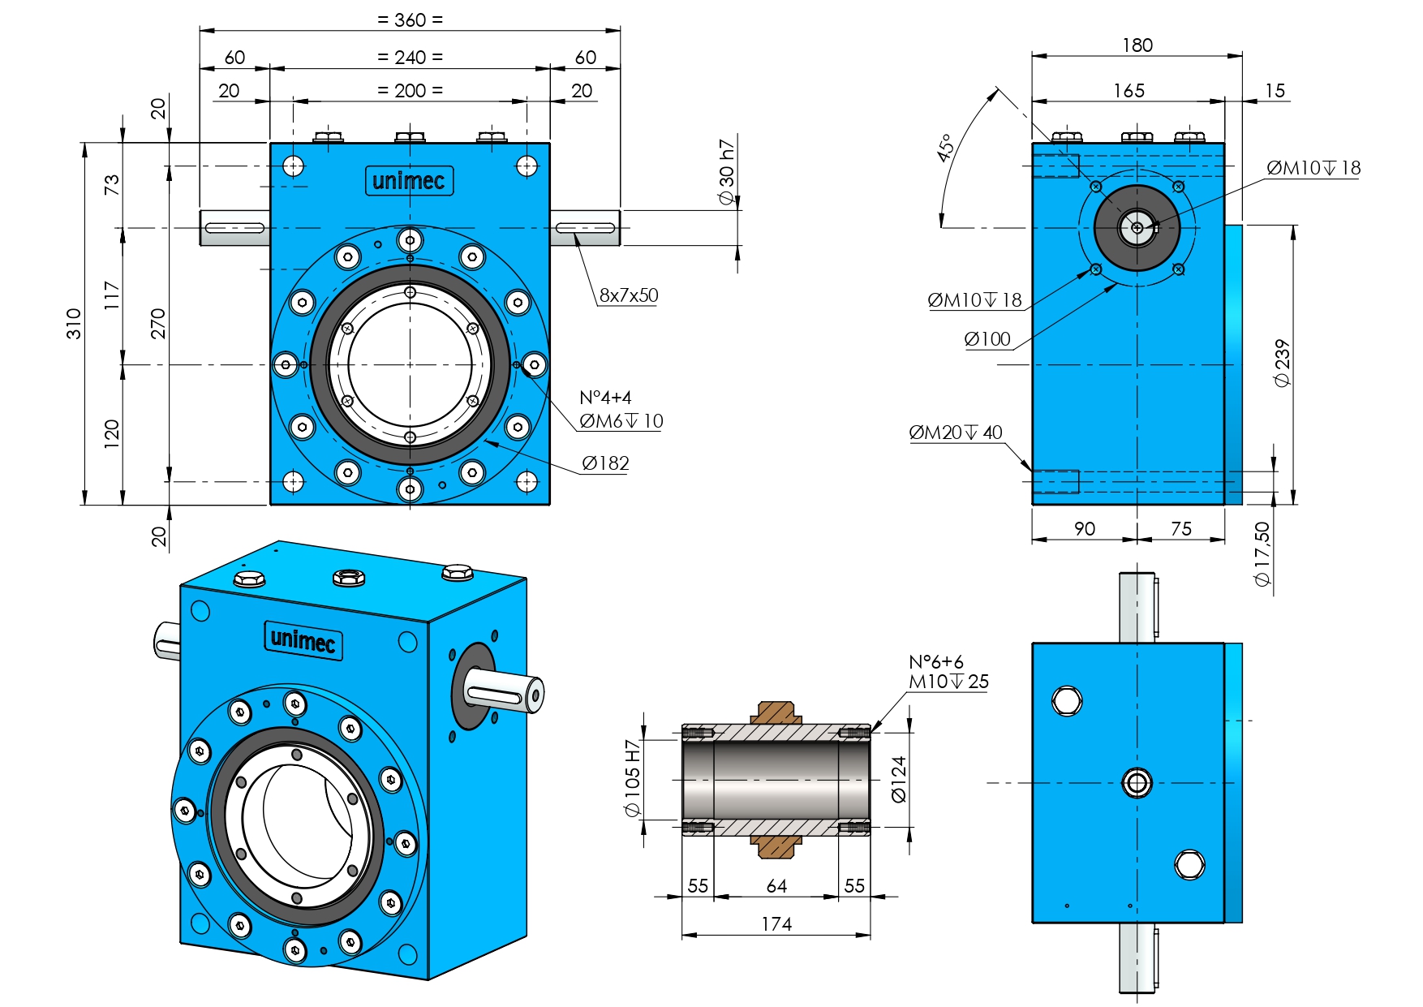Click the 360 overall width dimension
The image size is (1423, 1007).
tap(410, 19)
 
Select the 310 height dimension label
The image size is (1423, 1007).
tap(74, 323)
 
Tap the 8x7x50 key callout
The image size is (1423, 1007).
tap(629, 295)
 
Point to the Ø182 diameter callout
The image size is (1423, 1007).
tap(605, 463)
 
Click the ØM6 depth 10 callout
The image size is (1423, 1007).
tap(621, 421)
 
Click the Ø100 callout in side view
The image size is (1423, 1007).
tap(987, 339)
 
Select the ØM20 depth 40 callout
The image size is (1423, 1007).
tap(956, 432)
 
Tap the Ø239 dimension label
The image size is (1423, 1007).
tap(1282, 363)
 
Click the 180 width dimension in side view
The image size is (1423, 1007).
tap(1137, 45)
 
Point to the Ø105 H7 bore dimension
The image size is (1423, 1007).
tap(633, 778)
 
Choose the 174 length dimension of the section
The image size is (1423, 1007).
tap(776, 924)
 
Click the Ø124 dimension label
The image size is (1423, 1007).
tap(899, 779)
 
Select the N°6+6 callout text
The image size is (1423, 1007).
tap(936, 662)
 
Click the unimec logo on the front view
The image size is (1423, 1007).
tap(409, 181)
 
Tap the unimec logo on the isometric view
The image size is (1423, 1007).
tap(303, 640)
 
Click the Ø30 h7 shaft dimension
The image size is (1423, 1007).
tap(727, 172)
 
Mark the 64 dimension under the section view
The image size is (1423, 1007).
tap(776, 886)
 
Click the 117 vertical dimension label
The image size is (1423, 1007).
tap(112, 295)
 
